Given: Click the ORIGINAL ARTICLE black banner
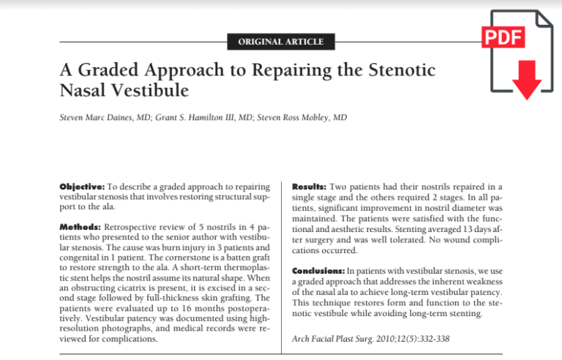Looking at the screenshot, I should (x=281, y=42).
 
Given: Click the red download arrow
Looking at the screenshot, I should (x=526, y=81).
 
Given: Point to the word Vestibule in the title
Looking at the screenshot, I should (x=149, y=91).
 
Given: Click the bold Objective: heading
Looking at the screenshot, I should (x=83, y=187).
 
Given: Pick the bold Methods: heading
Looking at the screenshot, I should (x=80, y=228).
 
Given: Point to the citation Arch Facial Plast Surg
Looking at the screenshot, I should (x=336, y=338).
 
